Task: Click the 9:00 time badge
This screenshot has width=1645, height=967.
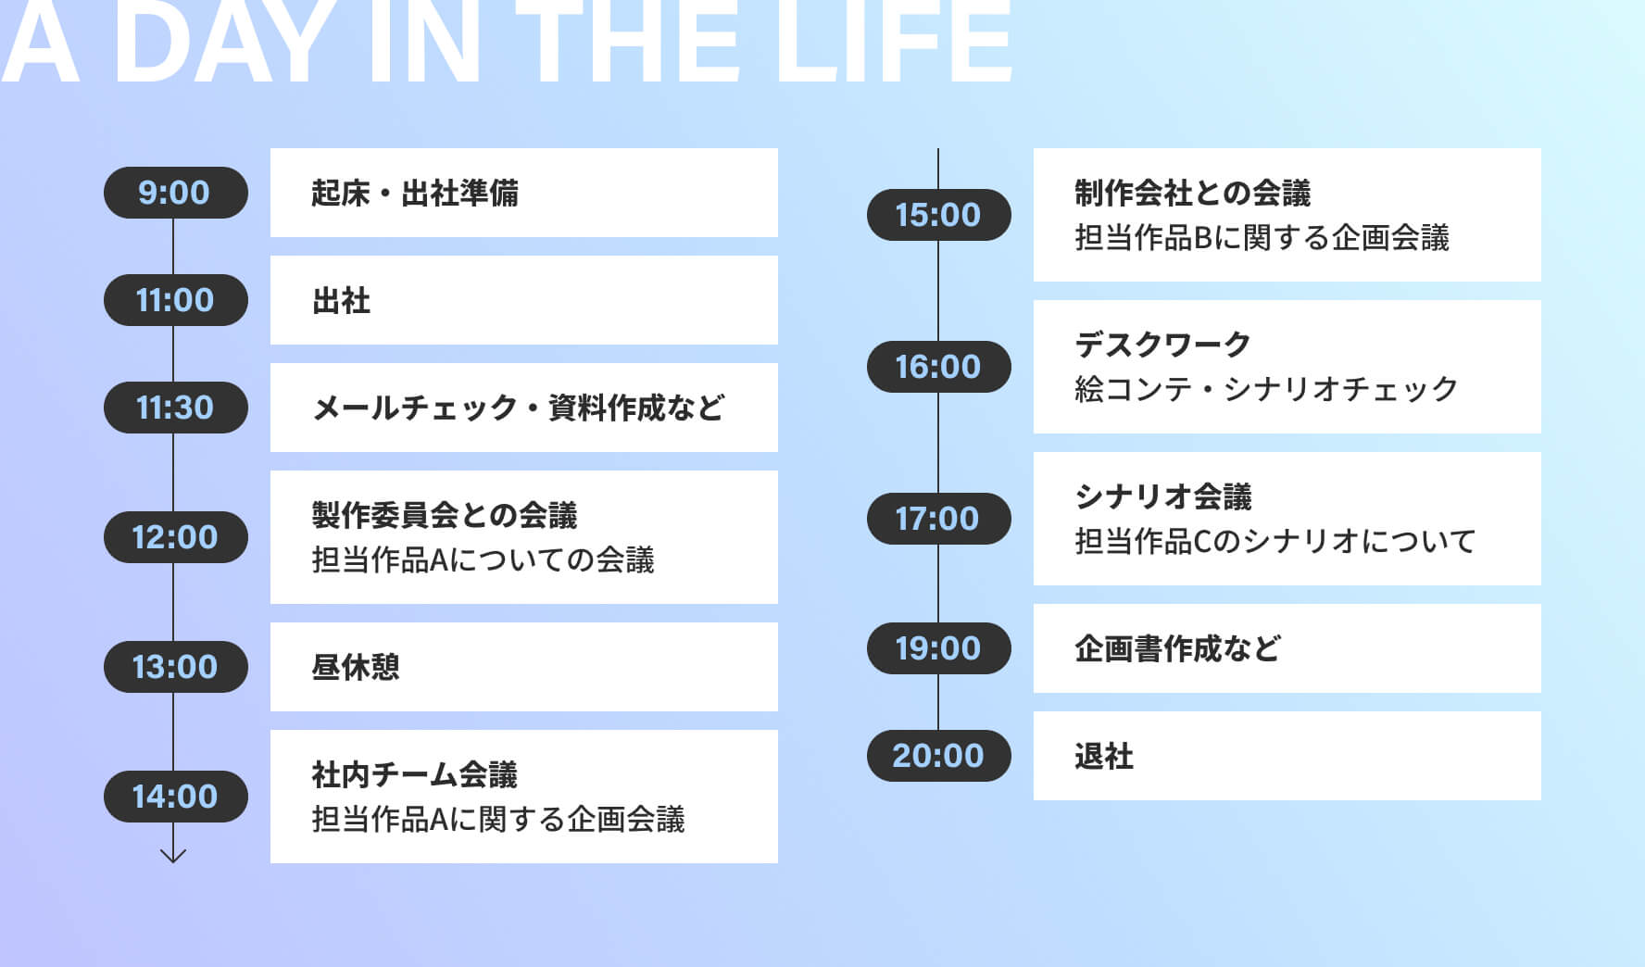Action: (x=175, y=193)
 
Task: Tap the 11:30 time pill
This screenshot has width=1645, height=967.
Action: (x=175, y=408)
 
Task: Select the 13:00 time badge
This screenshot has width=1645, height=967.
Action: (x=175, y=667)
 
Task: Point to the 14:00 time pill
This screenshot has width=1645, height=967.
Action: (x=175, y=797)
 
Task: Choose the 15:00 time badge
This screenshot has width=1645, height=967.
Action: (x=938, y=215)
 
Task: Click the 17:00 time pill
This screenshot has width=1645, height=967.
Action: (x=938, y=519)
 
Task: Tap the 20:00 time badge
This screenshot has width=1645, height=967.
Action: (x=938, y=756)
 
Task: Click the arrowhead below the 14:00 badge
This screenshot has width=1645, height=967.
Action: (x=173, y=857)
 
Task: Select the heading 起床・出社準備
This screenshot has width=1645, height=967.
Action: (x=415, y=193)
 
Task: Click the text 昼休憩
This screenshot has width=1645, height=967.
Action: (x=356, y=667)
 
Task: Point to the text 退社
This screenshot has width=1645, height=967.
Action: (x=1104, y=756)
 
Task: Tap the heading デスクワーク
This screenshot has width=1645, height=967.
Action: (x=1163, y=345)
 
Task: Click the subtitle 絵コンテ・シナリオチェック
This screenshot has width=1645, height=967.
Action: (x=1267, y=389)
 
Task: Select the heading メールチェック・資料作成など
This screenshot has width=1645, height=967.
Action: (x=519, y=408)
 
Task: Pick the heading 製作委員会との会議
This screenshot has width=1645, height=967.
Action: (x=445, y=515)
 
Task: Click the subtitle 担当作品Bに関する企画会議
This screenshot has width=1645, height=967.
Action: (x=1262, y=237)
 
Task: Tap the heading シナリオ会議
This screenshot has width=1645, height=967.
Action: (x=1163, y=496)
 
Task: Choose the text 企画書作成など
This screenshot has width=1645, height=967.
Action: (x=1178, y=648)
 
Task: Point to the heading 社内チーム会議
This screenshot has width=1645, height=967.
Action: (x=415, y=774)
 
